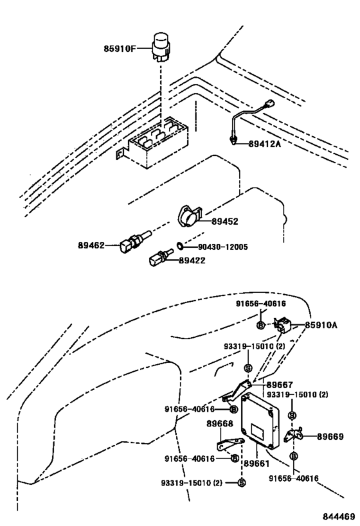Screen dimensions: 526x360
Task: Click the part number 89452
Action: pos(226,222)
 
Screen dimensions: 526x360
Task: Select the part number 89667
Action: pos(280,385)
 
